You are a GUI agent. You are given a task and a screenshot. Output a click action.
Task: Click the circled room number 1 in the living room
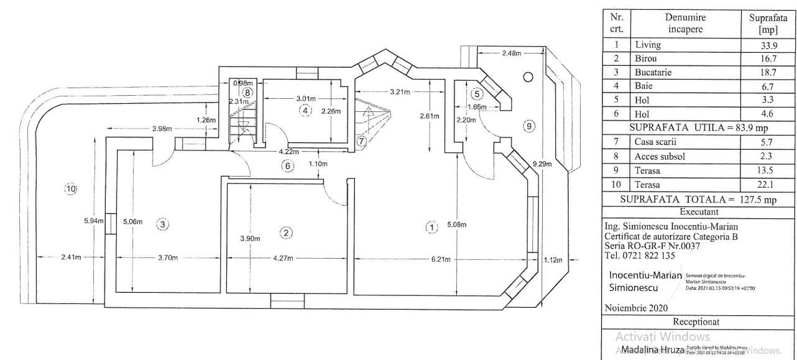click(x=431, y=227)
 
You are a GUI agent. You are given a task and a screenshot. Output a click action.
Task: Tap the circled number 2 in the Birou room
click(x=286, y=233)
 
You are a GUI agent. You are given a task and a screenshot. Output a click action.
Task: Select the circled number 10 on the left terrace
click(x=70, y=188)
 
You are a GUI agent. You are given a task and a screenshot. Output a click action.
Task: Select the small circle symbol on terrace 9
click(x=528, y=77)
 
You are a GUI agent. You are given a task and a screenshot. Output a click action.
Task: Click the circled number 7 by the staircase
click(x=362, y=141)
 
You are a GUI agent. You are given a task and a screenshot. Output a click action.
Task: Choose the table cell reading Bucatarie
click(x=652, y=72)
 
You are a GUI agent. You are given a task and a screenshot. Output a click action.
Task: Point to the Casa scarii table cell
click(x=655, y=143)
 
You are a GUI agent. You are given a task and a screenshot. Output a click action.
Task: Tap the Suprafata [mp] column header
click(x=767, y=24)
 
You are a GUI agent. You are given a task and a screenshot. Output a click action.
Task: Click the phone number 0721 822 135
click(x=641, y=255)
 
